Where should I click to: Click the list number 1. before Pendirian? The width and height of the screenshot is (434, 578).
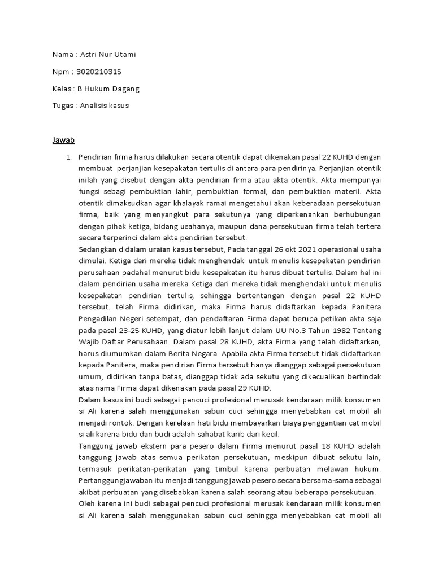(70, 156)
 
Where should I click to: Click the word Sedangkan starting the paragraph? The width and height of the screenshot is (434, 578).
(99, 249)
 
